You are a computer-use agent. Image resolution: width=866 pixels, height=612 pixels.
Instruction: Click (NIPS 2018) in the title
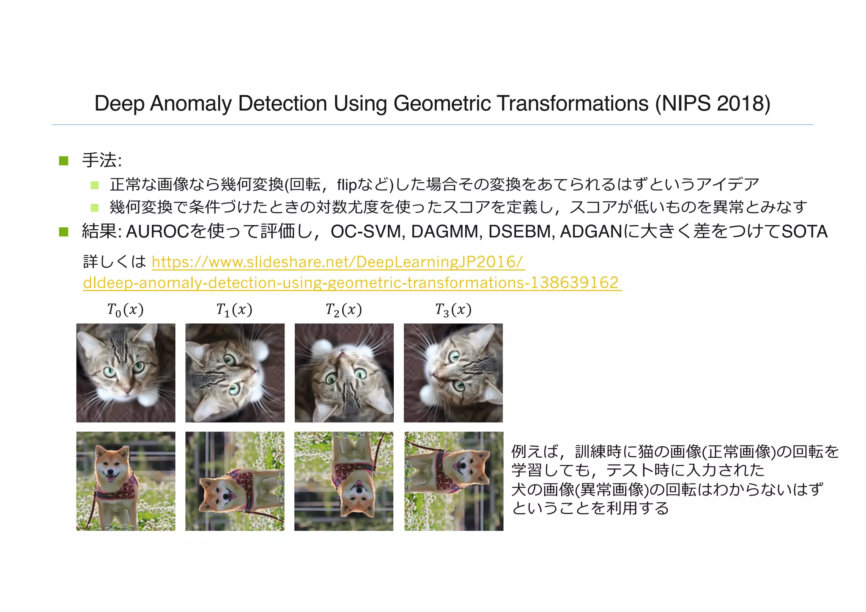[713, 104]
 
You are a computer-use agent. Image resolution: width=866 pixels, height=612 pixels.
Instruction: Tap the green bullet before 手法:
[64, 161]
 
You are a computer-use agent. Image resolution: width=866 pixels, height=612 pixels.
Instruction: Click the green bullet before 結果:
[64, 232]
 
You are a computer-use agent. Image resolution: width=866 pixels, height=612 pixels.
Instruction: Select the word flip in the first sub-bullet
[347, 185]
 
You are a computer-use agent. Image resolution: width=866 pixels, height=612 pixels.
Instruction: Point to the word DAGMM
[447, 232]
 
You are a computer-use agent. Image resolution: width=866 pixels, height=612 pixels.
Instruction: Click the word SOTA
[804, 232]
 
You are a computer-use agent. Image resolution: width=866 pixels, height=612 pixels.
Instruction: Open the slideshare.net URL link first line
[338, 262]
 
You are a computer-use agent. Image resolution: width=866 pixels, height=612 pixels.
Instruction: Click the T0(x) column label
[125, 310]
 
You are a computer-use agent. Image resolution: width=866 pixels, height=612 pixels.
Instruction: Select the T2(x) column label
[343, 310]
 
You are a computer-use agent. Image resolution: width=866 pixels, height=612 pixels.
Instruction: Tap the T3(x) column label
[453, 310]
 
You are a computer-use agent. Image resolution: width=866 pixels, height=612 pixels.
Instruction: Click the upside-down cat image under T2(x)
[344, 373]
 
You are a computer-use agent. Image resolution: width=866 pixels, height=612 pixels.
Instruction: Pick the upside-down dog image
[344, 481]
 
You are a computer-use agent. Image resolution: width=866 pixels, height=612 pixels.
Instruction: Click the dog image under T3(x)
[453, 481]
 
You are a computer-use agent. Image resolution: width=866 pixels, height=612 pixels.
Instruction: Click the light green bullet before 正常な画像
[95, 185]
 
